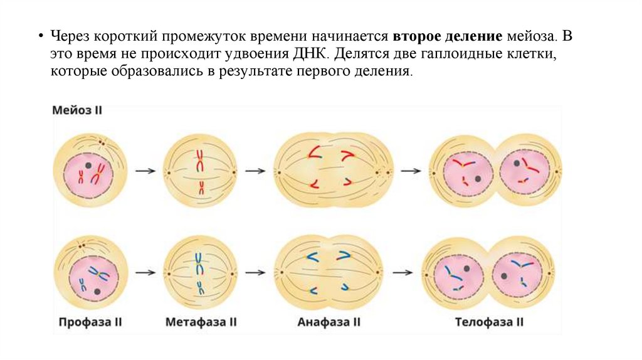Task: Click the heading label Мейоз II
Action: (x=76, y=110)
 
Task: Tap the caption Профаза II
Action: (x=90, y=322)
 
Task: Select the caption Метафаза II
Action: (x=201, y=322)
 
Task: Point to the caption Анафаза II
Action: (x=329, y=322)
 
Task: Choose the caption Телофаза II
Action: (x=489, y=322)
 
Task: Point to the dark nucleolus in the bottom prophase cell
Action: (x=97, y=292)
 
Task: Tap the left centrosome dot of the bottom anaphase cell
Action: (x=282, y=272)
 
